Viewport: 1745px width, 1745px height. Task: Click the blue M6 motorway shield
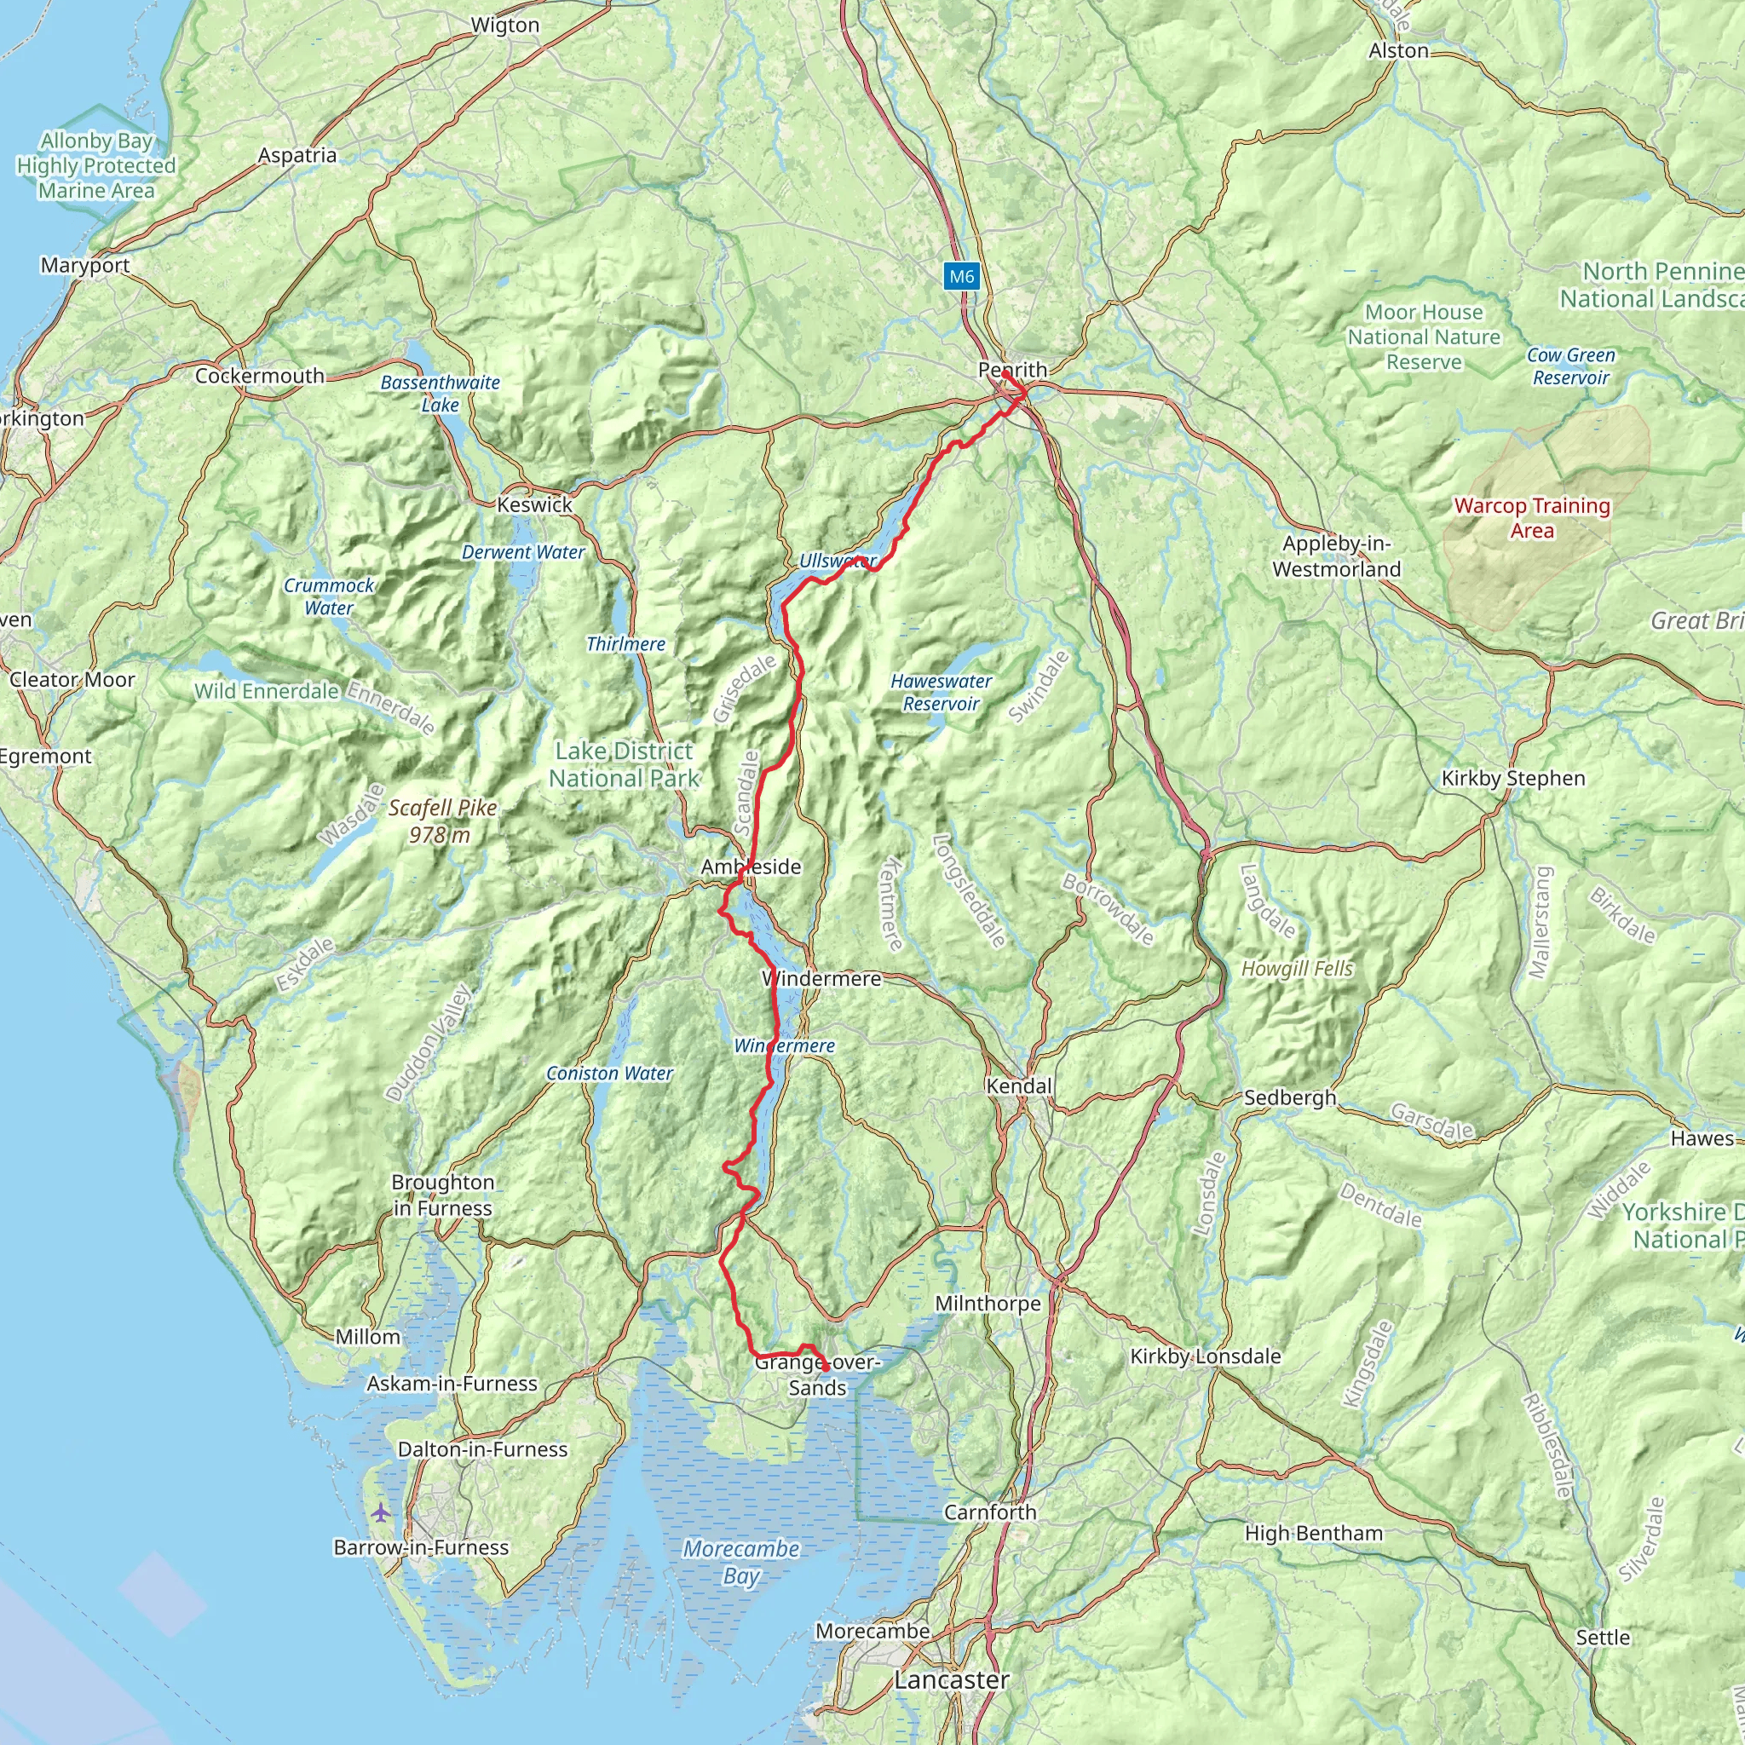(x=961, y=276)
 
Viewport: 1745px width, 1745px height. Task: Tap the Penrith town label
(x=1012, y=370)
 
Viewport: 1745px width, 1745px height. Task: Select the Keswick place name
(x=535, y=505)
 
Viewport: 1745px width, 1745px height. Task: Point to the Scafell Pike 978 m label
(x=442, y=821)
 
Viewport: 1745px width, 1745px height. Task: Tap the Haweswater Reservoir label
(x=941, y=693)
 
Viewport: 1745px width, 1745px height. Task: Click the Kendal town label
(x=1019, y=1086)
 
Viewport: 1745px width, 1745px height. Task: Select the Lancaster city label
(x=951, y=1680)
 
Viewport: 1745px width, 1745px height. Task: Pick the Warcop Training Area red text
(x=1532, y=518)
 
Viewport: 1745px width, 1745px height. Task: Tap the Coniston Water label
(x=610, y=1074)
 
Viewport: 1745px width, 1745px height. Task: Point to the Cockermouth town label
(x=259, y=376)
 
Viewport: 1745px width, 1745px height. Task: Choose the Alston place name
(x=1398, y=50)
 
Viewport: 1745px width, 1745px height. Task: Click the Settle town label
(x=1603, y=1638)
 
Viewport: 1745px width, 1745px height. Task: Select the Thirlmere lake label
(x=625, y=644)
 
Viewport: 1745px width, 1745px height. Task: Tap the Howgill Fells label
(x=1297, y=969)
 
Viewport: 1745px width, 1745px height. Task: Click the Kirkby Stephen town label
(x=1513, y=779)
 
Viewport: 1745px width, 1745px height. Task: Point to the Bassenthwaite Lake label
(x=440, y=394)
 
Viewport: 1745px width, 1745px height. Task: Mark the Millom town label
(x=366, y=1337)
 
